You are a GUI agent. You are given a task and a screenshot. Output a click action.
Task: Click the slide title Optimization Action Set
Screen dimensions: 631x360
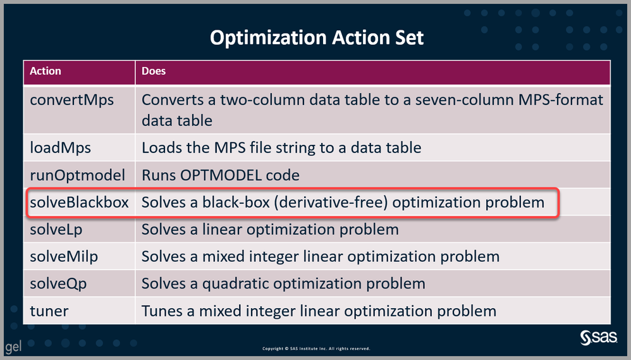click(x=317, y=38)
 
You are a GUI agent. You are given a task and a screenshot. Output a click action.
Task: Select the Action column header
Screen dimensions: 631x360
click(x=46, y=71)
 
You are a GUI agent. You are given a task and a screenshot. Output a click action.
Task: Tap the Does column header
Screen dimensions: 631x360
click(x=154, y=71)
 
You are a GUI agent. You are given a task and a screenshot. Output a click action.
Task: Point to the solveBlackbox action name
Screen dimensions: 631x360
click(x=79, y=202)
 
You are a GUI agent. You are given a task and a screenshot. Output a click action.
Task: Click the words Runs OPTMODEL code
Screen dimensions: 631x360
click(x=221, y=175)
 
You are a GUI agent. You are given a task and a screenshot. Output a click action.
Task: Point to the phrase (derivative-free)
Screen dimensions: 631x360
click(x=331, y=202)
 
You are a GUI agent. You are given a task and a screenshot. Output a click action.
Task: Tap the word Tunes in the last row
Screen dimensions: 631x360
click(x=166, y=311)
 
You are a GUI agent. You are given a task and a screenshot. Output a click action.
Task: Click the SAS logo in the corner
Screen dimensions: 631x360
click(x=598, y=338)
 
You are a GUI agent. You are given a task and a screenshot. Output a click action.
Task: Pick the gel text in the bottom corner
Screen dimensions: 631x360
click(x=13, y=347)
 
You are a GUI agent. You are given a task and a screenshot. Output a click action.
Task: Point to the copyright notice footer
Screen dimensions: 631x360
click(x=316, y=349)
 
